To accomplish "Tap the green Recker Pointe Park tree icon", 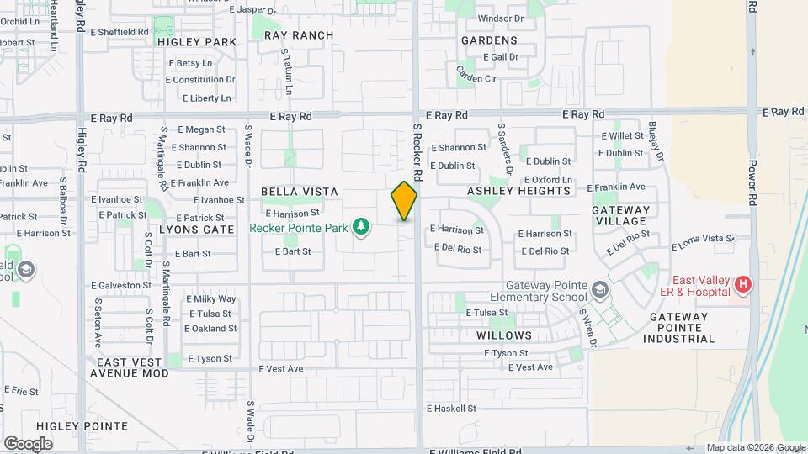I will pos(361,227).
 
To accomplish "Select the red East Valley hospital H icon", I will pos(742,285).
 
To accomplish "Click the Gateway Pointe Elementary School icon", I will pos(599,291).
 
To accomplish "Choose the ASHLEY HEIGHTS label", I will pos(518,191).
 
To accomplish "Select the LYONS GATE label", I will pos(196,229).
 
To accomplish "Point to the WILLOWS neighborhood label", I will pos(504,335).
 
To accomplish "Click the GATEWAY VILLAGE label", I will pos(621,215).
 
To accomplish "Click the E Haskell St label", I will pos(452,409).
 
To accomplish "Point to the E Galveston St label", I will pos(121,286).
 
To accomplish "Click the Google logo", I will pos(28,443).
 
